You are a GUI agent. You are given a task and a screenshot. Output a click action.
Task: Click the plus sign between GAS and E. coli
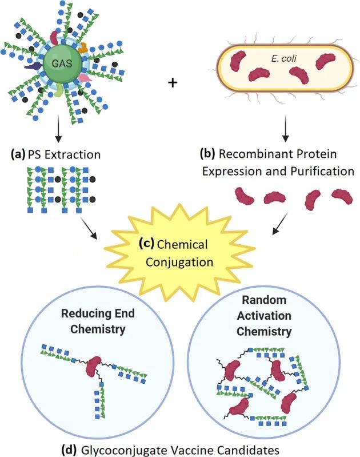(x=173, y=83)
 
